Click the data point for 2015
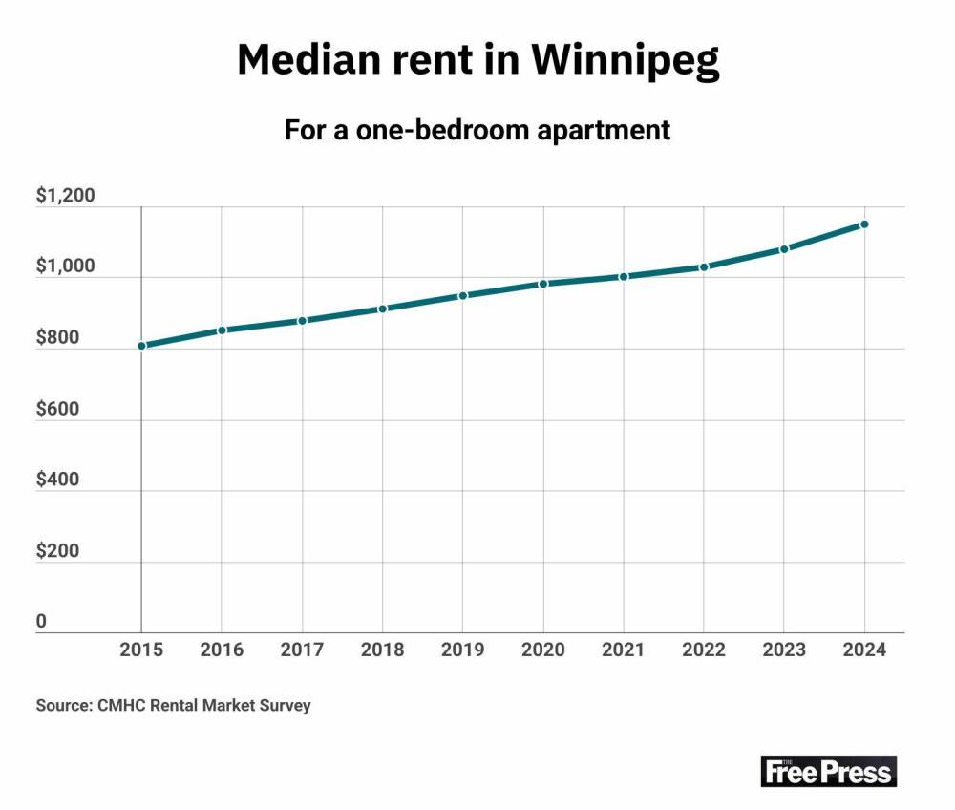coord(141,346)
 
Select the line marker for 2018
coord(382,309)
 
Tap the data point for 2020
coord(543,284)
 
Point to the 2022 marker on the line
coord(704,267)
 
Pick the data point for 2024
coord(864,224)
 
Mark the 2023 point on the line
coord(784,249)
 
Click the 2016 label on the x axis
coord(222,650)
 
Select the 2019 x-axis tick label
coord(462,650)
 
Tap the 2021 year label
coord(623,650)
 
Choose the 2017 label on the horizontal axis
coord(302,650)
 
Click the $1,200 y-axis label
coord(65,197)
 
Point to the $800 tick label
coord(58,338)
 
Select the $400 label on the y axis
coord(58,480)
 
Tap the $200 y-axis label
coord(58,551)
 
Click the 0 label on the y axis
coord(41,622)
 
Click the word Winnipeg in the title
coord(625,61)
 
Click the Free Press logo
coord(828,771)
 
